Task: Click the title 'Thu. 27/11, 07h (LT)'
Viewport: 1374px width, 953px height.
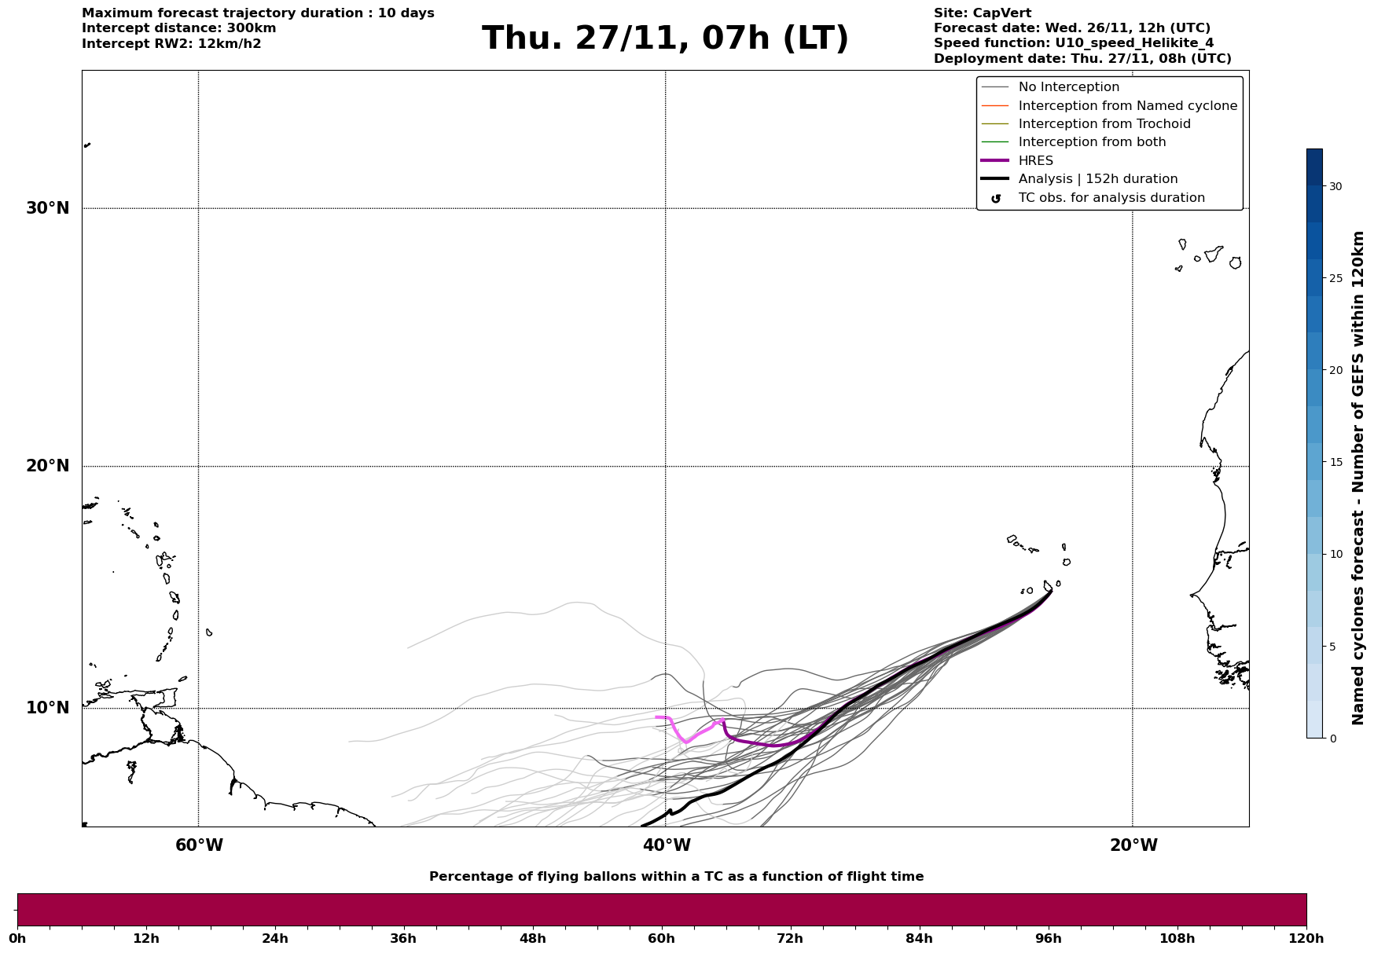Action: click(x=665, y=38)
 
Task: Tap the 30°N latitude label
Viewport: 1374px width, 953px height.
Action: click(x=48, y=208)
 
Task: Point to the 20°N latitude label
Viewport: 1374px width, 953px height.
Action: click(x=48, y=466)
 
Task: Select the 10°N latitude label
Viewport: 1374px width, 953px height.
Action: click(x=48, y=708)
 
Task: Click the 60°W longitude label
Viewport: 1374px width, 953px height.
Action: click(x=199, y=845)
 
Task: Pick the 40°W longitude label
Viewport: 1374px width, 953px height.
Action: click(x=667, y=845)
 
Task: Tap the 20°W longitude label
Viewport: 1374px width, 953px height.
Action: click(x=1133, y=845)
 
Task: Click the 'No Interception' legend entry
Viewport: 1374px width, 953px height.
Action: click(x=1068, y=87)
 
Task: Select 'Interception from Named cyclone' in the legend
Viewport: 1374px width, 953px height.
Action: click(x=1127, y=106)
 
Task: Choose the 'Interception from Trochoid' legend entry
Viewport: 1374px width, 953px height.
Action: click(x=1104, y=124)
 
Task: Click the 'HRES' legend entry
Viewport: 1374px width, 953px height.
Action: click(x=1035, y=161)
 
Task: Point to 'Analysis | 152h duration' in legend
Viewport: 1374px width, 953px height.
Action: click(x=1097, y=179)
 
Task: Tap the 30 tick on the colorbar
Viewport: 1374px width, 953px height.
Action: click(x=1335, y=186)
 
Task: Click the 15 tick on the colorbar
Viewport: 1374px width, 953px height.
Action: click(x=1335, y=462)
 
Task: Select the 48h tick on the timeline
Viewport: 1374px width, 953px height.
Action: click(x=533, y=938)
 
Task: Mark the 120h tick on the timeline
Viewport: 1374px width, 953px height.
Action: click(x=1306, y=938)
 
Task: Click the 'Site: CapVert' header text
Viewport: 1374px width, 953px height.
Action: click(x=982, y=13)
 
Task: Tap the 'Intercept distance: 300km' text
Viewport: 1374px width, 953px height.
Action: click(x=178, y=28)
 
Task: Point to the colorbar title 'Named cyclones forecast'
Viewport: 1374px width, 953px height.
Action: click(x=1357, y=478)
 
